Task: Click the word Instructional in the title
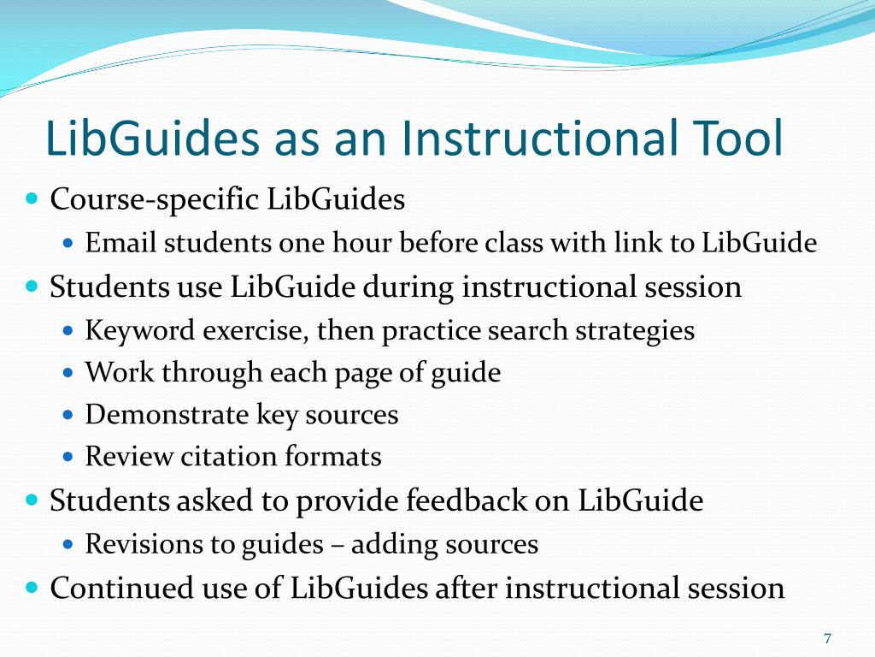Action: tap(523, 139)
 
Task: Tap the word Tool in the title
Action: tap(732, 139)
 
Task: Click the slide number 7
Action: tap(827, 638)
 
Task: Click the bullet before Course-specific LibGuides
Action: tap(32, 199)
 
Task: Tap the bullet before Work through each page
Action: tap(70, 374)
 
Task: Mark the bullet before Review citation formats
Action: tap(70, 458)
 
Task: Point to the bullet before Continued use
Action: tap(32, 588)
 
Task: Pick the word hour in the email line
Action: tap(380, 244)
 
